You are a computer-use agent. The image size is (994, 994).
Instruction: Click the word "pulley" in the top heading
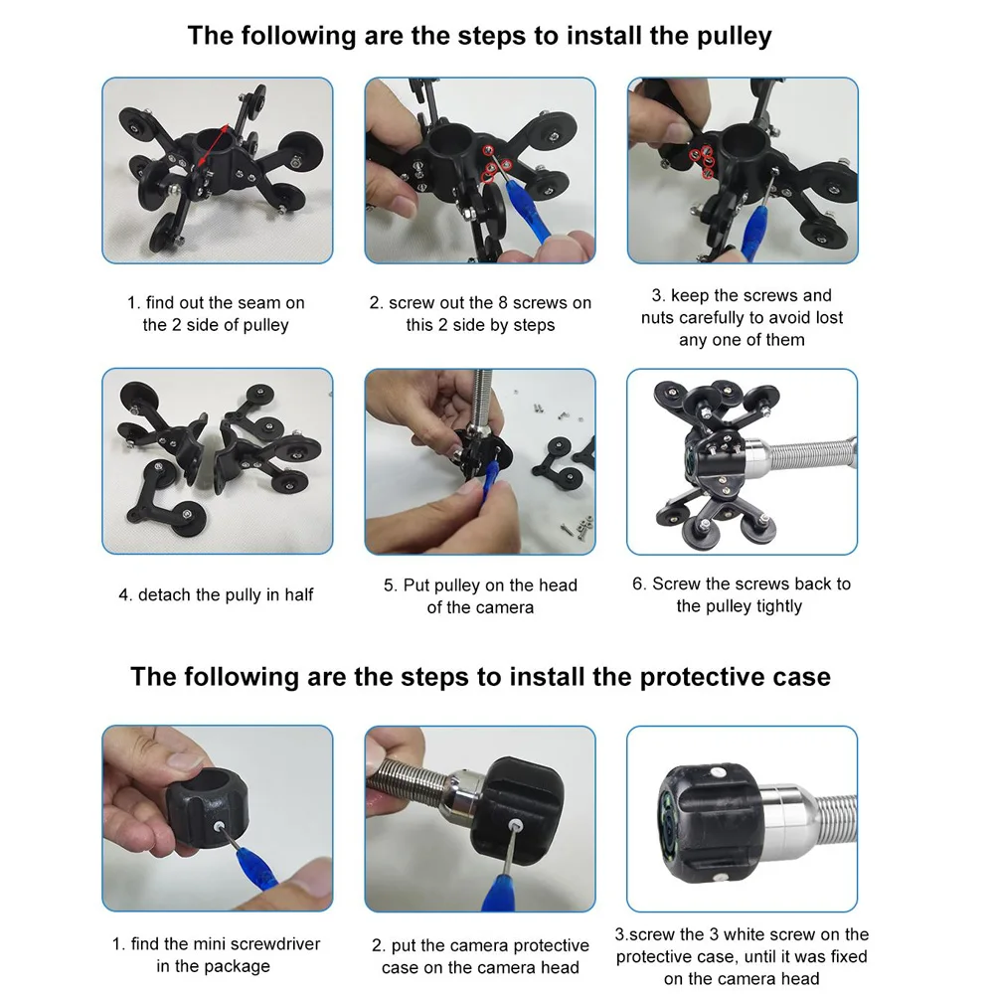[x=735, y=37]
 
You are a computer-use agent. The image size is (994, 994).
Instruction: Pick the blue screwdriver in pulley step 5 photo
[x=490, y=481]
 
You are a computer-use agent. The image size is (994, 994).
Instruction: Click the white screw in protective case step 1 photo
[x=218, y=827]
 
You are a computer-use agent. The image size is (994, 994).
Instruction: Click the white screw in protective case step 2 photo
[x=515, y=825]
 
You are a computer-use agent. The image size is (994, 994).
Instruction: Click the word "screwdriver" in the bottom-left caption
[x=274, y=944]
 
